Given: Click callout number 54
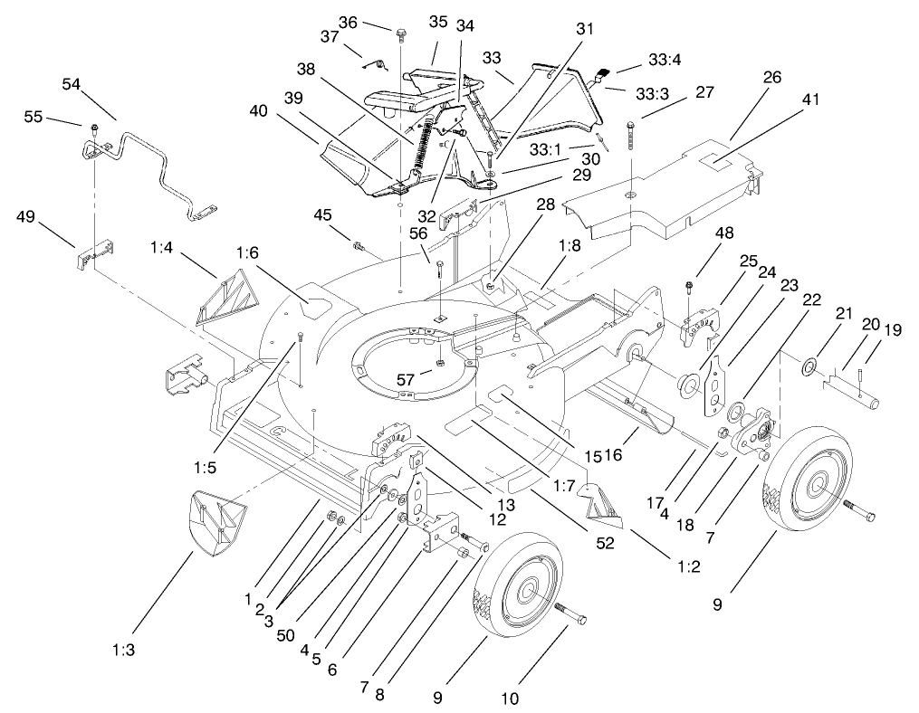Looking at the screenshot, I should pyautogui.click(x=72, y=84).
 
